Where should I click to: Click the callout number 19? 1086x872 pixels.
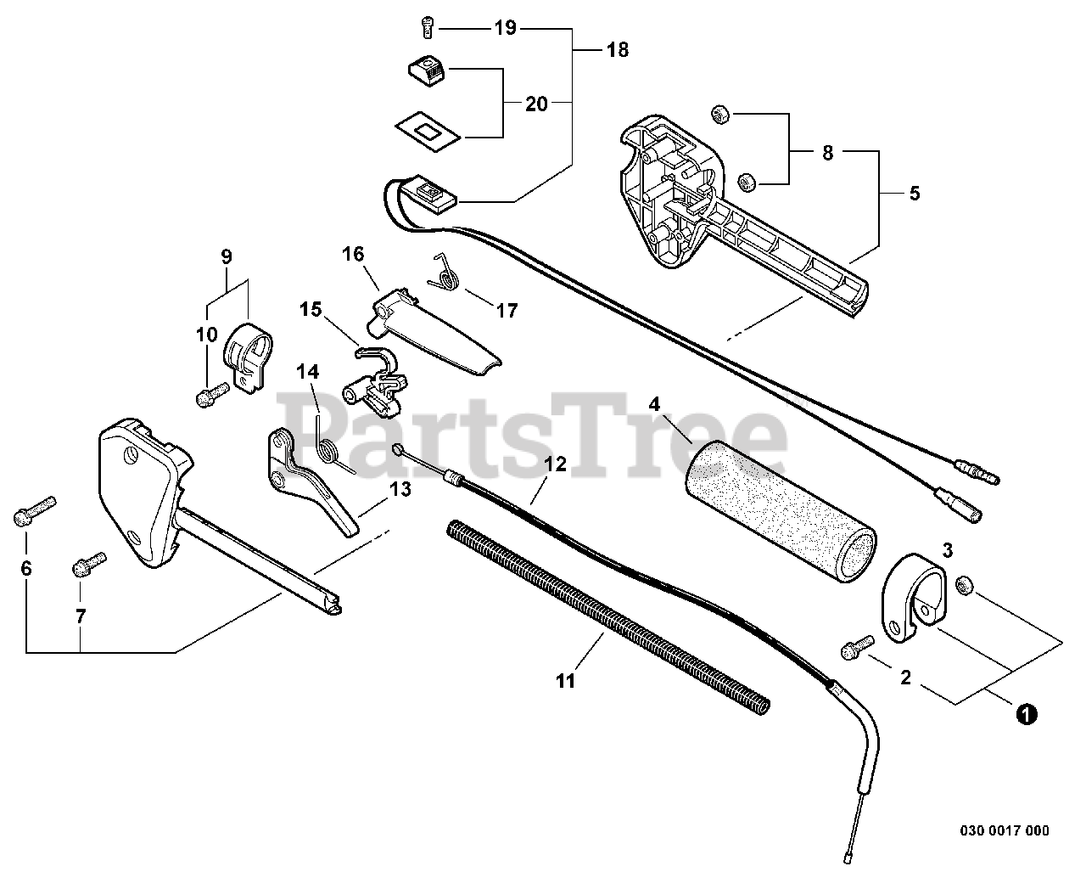point(505,28)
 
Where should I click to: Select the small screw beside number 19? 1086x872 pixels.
point(427,27)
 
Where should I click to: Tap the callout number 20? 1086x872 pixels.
point(536,104)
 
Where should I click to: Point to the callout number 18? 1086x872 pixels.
point(617,50)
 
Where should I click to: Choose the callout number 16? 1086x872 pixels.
point(353,253)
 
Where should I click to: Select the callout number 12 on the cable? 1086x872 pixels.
point(555,464)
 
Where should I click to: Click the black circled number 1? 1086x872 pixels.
point(1026,715)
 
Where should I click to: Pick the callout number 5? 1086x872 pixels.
point(914,193)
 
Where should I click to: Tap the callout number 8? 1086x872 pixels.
point(827,153)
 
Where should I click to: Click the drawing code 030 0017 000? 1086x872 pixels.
point(1005,830)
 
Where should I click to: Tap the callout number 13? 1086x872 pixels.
point(400,489)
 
